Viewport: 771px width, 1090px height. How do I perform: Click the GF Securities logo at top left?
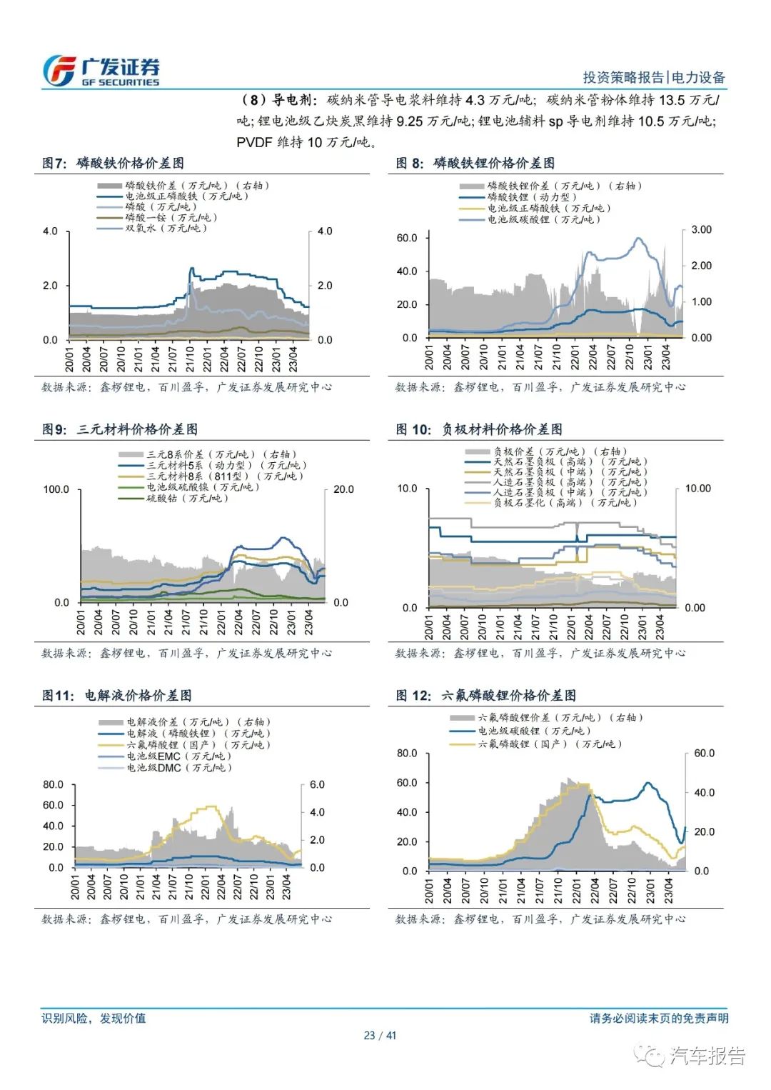coord(101,71)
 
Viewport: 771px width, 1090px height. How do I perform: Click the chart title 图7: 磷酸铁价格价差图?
coord(113,163)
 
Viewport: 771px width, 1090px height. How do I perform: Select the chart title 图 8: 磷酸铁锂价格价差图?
coord(475,163)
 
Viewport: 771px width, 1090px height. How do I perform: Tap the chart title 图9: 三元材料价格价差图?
coord(120,429)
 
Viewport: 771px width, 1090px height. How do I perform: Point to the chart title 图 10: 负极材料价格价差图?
coord(478,429)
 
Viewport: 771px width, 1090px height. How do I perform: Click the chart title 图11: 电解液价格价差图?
coord(117,696)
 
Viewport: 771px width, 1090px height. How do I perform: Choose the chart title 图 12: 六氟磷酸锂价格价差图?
coord(486,696)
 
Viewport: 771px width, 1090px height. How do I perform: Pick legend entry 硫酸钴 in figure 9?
coord(173,498)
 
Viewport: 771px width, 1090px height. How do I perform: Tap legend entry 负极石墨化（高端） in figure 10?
coord(551,502)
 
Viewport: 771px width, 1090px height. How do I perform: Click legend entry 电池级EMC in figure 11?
coord(166,756)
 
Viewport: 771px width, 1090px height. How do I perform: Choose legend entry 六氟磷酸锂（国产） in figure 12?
coord(536,744)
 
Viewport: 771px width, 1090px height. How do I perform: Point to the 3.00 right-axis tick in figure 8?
coord(701,230)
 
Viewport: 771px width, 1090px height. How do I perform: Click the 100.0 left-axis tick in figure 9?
coord(56,489)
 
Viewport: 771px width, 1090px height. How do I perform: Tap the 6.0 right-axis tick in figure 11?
coord(317,784)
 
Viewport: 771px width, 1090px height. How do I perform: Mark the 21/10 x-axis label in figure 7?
coord(190,359)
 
